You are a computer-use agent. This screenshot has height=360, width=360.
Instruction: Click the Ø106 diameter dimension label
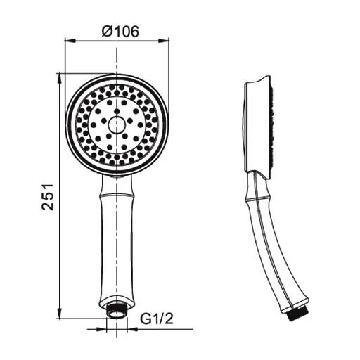120,32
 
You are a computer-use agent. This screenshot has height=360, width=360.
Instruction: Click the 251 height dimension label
48,196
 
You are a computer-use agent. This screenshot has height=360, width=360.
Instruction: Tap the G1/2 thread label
157,319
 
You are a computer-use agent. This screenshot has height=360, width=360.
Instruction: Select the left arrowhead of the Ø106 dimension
70,41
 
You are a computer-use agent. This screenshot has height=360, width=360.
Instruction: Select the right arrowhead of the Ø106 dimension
164,41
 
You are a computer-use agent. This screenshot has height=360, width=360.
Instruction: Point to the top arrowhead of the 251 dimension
59,79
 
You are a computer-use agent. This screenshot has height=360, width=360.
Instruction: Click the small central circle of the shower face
117,124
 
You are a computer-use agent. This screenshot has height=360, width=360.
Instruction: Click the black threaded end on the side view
297,315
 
